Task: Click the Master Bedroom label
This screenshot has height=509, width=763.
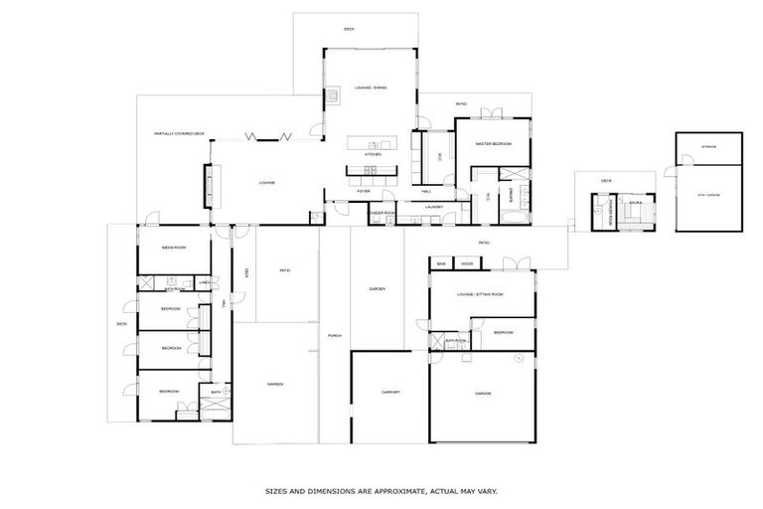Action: [x=493, y=144]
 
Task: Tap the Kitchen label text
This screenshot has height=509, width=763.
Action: [x=373, y=155]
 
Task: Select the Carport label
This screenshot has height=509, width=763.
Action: [x=390, y=392]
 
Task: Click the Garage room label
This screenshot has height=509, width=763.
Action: [x=483, y=394]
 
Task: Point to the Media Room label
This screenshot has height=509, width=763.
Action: [x=174, y=248]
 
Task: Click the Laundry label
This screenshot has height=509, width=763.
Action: [x=433, y=207]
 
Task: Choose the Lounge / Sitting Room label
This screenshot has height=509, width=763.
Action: [x=480, y=295]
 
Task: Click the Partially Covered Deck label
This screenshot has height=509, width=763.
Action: [x=179, y=133]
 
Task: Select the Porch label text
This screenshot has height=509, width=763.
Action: [x=335, y=336]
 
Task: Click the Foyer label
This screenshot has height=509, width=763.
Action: [x=365, y=191]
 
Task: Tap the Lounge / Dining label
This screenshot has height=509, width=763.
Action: [x=371, y=88]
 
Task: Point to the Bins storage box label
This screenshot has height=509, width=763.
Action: [x=441, y=264]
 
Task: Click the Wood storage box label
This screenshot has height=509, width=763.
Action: [x=467, y=264]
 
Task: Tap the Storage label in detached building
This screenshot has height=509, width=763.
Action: [x=708, y=147]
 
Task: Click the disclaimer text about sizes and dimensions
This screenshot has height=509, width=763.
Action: [x=381, y=491]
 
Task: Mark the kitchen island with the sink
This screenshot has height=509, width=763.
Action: [x=373, y=144]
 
